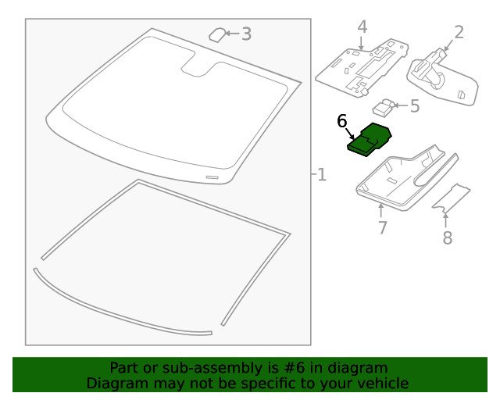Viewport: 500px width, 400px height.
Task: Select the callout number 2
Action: click(x=459, y=32)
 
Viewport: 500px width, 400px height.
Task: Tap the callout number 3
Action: click(x=246, y=34)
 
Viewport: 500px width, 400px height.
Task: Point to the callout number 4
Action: click(x=362, y=27)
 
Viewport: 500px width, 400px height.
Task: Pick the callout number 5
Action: click(x=414, y=105)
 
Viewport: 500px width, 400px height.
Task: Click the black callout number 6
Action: click(x=341, y=121)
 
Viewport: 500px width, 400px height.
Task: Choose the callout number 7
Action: click(x=382, y=227)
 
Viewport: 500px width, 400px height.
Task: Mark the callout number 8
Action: click(x=447, y=237)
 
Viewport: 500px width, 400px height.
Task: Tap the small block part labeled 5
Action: click(x=384, y=106)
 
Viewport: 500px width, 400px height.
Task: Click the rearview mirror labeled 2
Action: click(x=441, y=77)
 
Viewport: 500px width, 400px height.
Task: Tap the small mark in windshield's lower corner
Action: click(x=211, y=177)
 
